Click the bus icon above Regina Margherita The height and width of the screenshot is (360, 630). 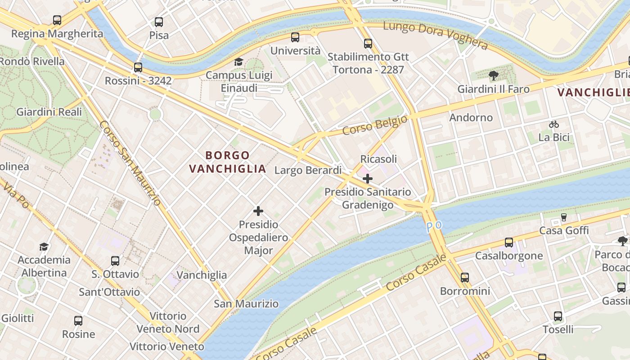click(x=57, y=20)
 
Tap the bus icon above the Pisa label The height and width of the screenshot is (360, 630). click(x=158, y=22)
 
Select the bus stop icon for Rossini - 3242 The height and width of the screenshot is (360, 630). click(x=138, y=67)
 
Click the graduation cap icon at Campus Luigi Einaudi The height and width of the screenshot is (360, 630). click(x=238, y=62)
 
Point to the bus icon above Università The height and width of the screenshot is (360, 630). click(x=295, y=37)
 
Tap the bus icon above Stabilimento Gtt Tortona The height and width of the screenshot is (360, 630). click(x=368, y=44)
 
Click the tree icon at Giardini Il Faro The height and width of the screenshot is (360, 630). click(x=493, y=76)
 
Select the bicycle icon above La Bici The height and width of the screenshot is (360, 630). click(x=554, y=124)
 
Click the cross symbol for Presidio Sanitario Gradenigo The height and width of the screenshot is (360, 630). click(x=368, y=179)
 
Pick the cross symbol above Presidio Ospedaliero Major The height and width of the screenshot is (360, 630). click(x=258, y=211)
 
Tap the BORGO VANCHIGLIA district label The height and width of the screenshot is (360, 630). click(x=227, y=162)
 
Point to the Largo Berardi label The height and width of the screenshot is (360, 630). click(x=308, y=170)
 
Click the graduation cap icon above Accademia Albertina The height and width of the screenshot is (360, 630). click(x=44, y=247)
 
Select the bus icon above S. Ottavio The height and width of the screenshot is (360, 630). click(x=115, y=261)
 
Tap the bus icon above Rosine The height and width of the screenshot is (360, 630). click(x=78, y=321)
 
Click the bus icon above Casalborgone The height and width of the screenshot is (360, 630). click(x=509, y=243)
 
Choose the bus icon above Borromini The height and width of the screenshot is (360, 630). click(x=465, y=278)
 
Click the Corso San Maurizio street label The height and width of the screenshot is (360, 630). click(x=130, y=163)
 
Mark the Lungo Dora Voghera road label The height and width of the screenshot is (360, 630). click(x=435, y=36)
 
